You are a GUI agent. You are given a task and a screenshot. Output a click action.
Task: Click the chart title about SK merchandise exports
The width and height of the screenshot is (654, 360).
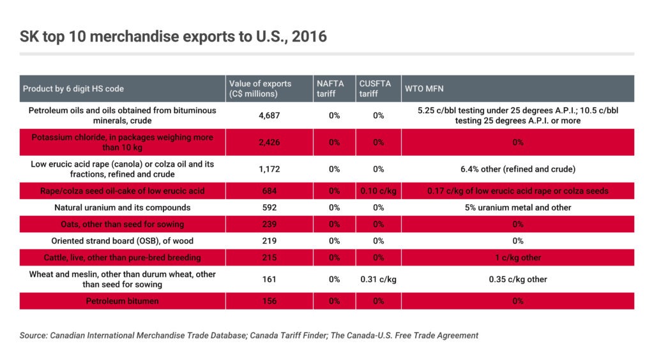click(x=173, y=36)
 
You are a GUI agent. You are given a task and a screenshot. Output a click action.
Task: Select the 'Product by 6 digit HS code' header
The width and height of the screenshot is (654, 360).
click(x=73, y=89)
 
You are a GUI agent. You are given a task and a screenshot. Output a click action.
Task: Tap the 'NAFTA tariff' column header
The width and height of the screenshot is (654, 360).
click(x=330, y=89)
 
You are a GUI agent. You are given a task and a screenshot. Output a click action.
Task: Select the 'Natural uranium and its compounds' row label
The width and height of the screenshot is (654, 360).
click(x=122, y=207)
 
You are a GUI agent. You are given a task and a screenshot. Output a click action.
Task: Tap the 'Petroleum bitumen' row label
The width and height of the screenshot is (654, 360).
click(x=122, y=301)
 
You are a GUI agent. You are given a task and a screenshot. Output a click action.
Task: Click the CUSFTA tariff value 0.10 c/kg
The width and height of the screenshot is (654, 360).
click(x=378, y=191)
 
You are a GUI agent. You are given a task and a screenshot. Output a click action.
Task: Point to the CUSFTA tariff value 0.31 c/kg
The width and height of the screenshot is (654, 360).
click(x=378, y=279)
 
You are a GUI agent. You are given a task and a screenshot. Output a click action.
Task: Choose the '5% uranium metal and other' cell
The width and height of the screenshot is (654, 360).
click(x=517, y=207)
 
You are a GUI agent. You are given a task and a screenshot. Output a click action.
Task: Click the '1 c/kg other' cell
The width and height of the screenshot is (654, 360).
click(x=517, y=257)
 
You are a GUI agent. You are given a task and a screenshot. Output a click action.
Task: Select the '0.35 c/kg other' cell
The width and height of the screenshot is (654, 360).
click(x=517, y=279)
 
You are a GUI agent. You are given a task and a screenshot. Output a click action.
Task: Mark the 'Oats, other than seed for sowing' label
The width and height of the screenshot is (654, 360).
click(x=122, y=224)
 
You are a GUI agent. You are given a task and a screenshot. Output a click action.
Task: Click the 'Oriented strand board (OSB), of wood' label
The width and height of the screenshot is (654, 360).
click(x=122, y=241)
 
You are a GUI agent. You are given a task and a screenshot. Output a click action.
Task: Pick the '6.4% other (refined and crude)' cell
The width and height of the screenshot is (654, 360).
click(x=517, y=169)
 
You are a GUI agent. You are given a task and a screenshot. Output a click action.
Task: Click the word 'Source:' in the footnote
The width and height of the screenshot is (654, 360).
click(x=34, y=335)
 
